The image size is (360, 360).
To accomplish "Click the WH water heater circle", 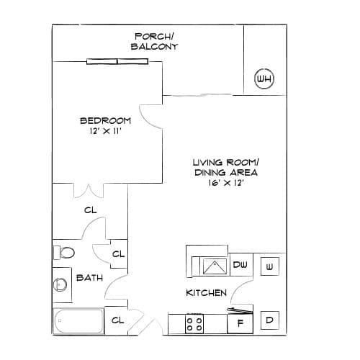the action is point(264,78).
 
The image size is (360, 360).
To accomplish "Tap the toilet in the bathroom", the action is point(64,253).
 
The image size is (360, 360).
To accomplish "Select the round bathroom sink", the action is point(60,284).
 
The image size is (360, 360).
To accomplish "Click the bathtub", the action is point(78,320).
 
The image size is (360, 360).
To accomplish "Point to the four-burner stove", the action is point(194,323).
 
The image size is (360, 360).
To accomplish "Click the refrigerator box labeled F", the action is point(240,323).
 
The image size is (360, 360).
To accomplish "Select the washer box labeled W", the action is point(270,266).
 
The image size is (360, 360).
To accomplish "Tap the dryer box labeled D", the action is point(270,320).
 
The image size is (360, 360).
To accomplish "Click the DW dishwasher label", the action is point(240,265).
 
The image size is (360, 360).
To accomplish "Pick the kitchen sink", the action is point(215,266).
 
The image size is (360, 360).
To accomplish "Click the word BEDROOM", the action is point(105,120).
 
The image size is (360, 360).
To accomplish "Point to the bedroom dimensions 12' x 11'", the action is point(106,131).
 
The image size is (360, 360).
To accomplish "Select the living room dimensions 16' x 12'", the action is point(226,183).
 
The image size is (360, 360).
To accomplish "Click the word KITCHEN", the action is point(206,293).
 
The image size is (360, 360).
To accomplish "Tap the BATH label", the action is point(89,278).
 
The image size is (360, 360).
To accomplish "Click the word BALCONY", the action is point(154,47).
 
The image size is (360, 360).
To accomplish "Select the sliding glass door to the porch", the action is point(117,61).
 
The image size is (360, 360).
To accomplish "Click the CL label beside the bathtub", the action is point(118,320).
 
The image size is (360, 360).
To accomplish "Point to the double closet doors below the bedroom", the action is point(89,191).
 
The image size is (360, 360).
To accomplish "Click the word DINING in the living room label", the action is point(210,173).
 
